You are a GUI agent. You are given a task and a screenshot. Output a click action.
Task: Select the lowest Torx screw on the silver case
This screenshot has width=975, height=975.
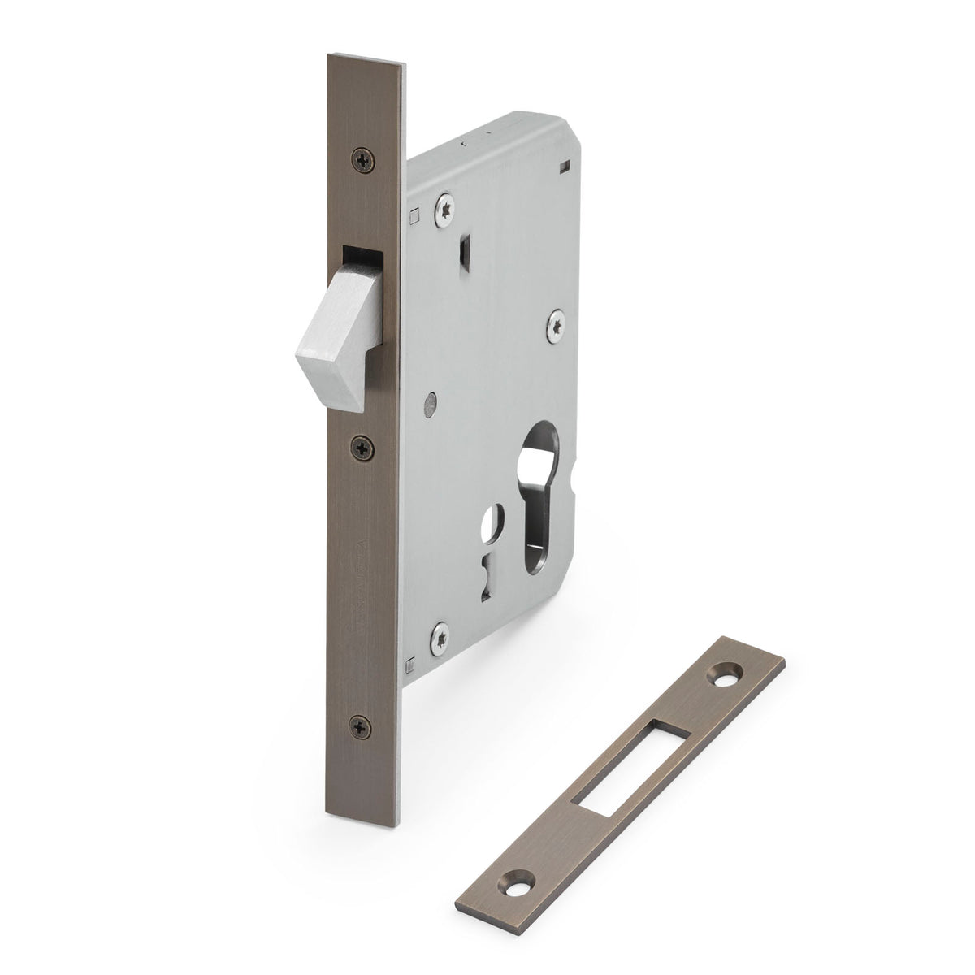pos(440,631)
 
